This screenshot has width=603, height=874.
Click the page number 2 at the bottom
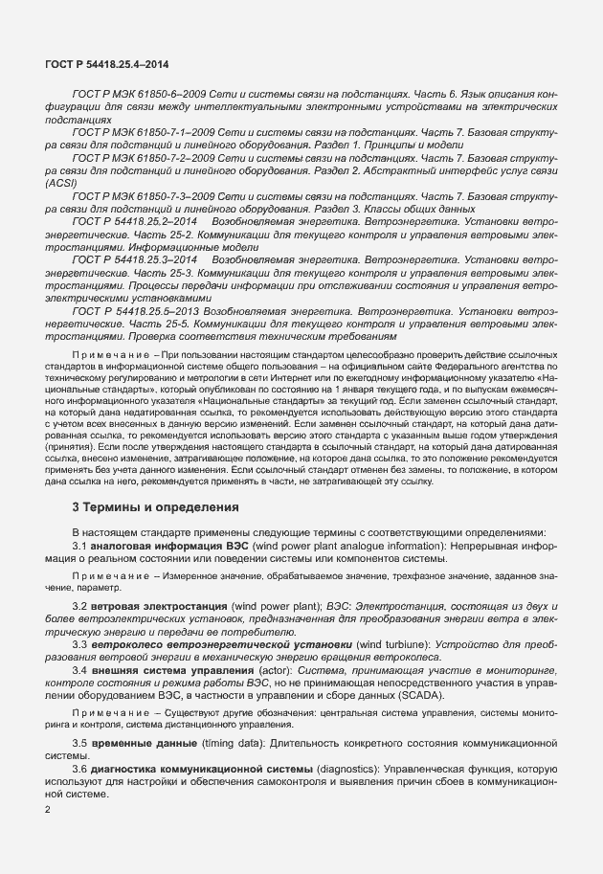pos(48,810)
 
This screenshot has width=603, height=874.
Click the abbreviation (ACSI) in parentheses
pos(61,181)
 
